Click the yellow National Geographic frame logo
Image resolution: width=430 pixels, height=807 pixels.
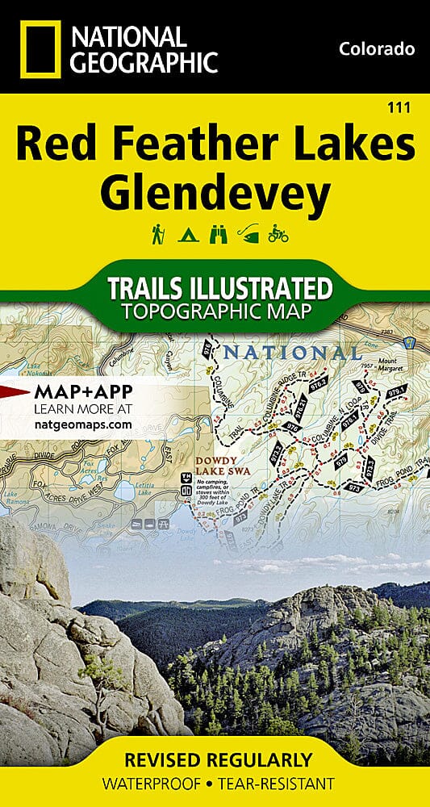tap(38, 49)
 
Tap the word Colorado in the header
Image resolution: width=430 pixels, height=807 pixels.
tap(377, 49)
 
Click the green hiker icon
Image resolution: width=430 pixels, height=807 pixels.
tap(157, 235)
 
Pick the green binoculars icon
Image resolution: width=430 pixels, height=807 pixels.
tap(217, 236)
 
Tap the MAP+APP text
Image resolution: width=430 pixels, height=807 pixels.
tap(84, 392)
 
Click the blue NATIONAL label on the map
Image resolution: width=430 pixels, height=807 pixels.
tap(292, 353)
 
